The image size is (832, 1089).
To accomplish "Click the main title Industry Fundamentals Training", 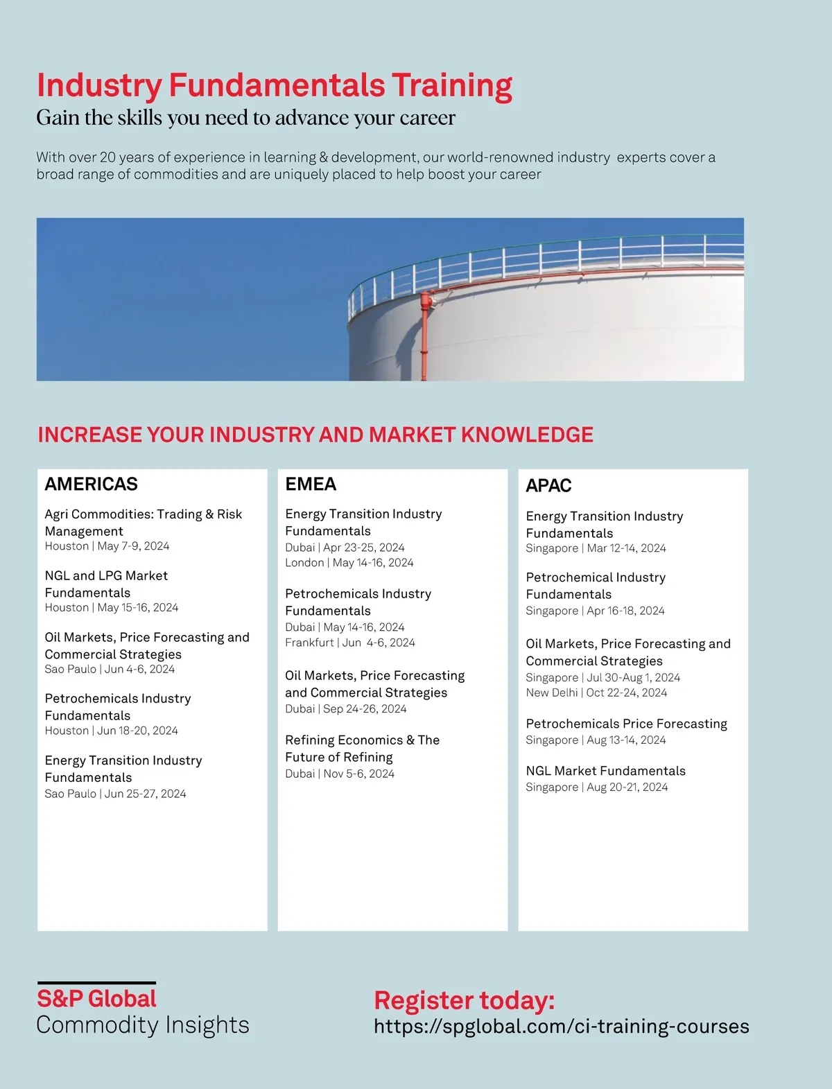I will [x=274, y=85].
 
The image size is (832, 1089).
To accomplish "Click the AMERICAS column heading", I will [x=91, y=484].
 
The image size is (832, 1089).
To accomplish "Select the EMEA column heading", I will [x=311, y=484].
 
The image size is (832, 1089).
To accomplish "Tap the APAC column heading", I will [x=548, y=485].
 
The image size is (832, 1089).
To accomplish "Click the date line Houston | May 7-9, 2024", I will [x=107, y=546].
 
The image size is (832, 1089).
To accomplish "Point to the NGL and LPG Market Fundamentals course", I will [x=106, y=584].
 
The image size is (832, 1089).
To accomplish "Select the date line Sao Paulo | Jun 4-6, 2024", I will [x=110, y=669].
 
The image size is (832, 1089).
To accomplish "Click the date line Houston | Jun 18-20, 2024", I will [x=111, y=731].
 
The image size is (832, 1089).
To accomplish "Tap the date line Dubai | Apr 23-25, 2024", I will [x=345, y=548].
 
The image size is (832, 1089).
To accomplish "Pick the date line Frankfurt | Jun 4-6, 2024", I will [x=350, y=643].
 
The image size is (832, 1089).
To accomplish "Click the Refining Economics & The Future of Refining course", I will [x=362, y=749].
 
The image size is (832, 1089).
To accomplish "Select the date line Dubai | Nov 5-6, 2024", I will [x=340, y=774].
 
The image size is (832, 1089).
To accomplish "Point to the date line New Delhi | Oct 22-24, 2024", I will [x=596, y=692].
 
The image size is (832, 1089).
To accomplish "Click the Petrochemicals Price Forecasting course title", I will [x=626, y=724].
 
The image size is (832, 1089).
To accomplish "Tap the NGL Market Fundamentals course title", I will [x=605, y=771].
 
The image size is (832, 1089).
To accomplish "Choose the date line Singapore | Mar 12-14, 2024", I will [x=596, y=548].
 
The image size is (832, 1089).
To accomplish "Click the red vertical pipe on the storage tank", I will [x=424, y=340].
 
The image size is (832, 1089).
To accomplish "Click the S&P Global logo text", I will [x=96, y=999].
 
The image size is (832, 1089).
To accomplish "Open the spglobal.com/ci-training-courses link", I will [x=561, y=1027].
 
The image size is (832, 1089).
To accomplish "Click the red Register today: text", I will [x=464, y=1000].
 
